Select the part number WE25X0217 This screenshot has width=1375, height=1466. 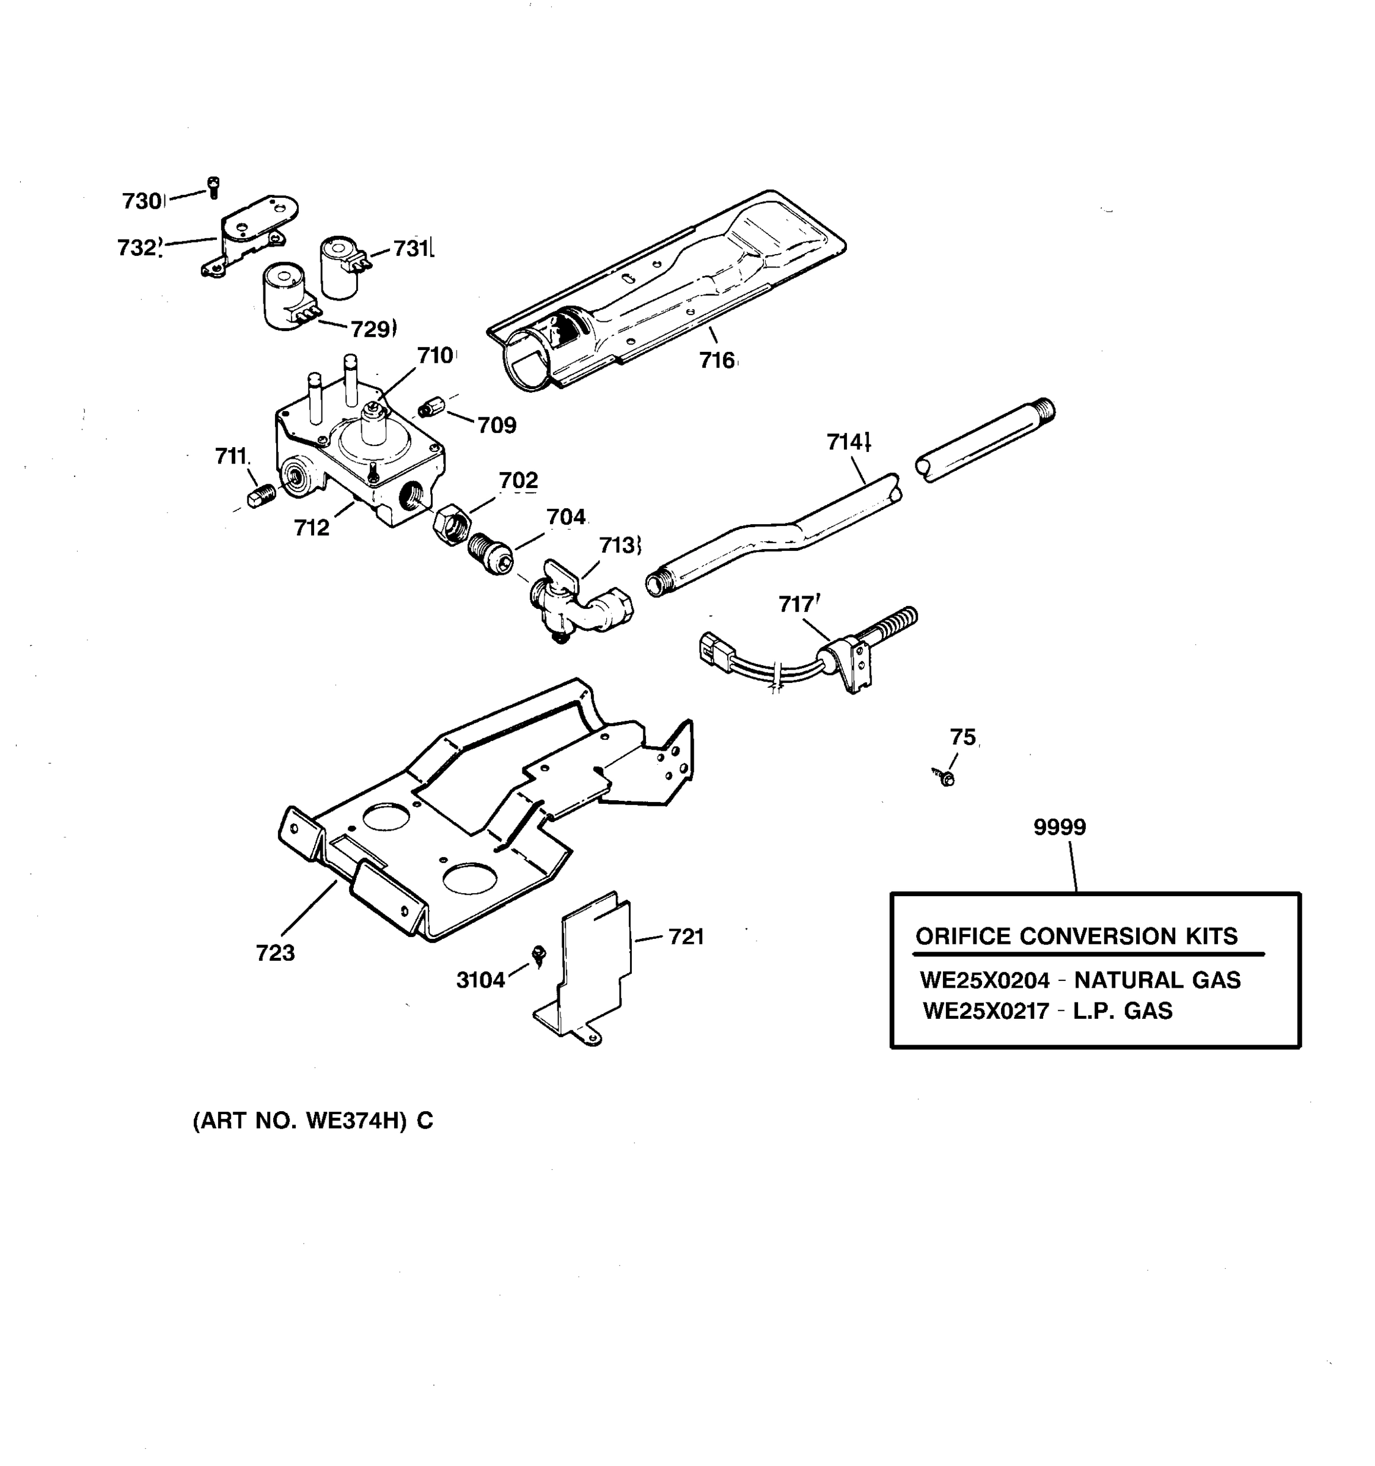tap(986, 1010)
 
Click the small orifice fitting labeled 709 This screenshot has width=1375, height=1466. tap(430, 407)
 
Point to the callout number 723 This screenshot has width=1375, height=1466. tap(275, 953)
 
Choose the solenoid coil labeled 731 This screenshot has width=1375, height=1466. tap(339, 267)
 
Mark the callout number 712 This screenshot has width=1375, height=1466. tap(311, 527)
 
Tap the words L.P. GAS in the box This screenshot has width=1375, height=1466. tap(1122, 1010)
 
